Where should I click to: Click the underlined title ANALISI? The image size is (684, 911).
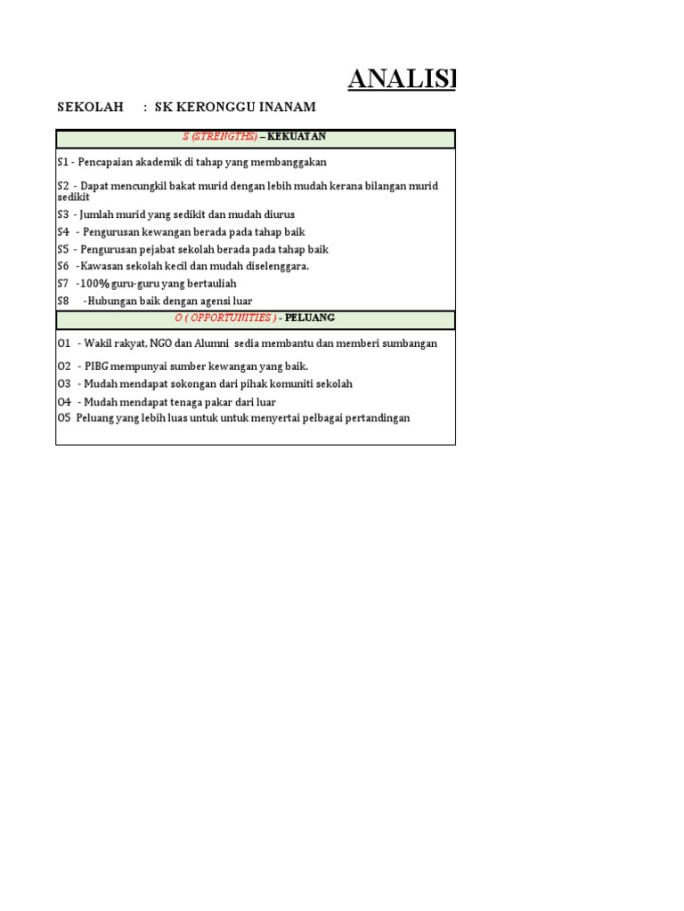click(401, 79)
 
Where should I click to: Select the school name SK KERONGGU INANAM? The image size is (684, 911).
click(235, 108)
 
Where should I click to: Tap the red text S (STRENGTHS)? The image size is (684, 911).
click(220, 137)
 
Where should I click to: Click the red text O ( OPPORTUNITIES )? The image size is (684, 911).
click(225, 318)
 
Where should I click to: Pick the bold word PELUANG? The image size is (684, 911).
click(310, 318)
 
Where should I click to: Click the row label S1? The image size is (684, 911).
click(63, 163)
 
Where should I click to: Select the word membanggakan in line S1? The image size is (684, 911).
click(286, 163)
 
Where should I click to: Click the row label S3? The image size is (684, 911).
click(63, 215)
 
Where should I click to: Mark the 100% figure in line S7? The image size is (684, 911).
click(95, 284)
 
